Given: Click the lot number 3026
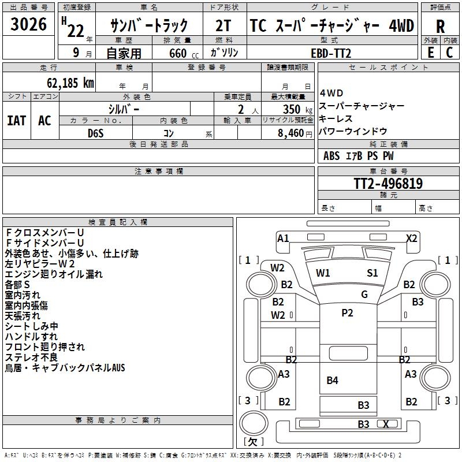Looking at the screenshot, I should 28,25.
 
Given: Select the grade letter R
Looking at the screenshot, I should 440,26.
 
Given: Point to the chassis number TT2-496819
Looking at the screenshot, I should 388,184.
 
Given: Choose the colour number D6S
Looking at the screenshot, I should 95,133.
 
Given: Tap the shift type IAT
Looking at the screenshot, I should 16,121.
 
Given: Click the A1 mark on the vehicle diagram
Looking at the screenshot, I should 283,238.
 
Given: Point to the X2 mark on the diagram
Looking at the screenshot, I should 411,238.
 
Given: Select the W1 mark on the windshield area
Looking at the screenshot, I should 323,273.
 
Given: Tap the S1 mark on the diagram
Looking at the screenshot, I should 372,273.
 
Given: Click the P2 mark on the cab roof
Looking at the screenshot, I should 347,312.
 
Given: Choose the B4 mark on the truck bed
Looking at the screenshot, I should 332,380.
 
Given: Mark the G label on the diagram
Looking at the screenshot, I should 364,295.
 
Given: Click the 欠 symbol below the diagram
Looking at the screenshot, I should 252,442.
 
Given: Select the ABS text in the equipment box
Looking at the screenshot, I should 331,155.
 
